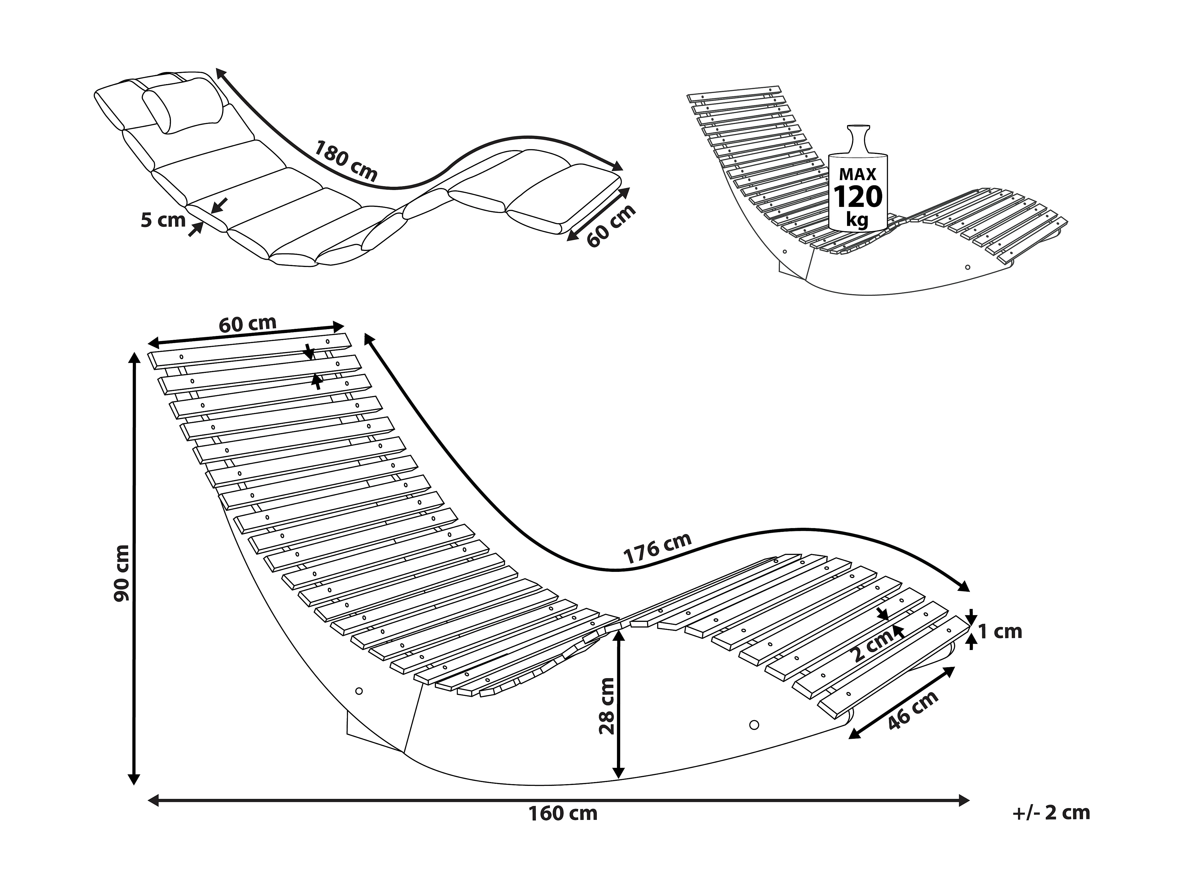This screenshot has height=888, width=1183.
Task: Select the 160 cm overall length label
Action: coord(563,814)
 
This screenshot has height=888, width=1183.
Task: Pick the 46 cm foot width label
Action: coord(913,710)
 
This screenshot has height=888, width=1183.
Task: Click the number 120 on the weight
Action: coord(858,197)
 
